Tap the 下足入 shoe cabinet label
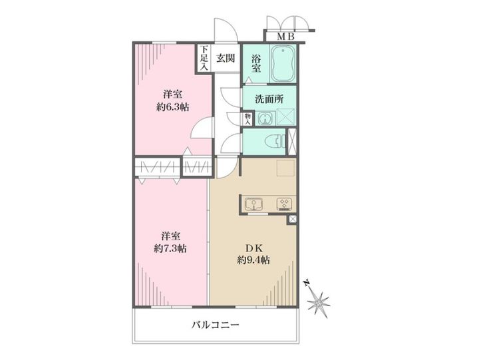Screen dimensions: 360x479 [204, 58]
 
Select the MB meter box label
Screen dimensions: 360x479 [286, 37]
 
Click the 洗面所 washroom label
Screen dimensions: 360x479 [269, 98]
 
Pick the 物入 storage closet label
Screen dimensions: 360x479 [247, 118]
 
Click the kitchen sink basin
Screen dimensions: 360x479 [255, 204]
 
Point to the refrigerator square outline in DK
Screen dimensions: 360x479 [285, 167]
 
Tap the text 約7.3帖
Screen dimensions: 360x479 [170, 248]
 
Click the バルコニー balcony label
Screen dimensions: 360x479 [215, 325]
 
